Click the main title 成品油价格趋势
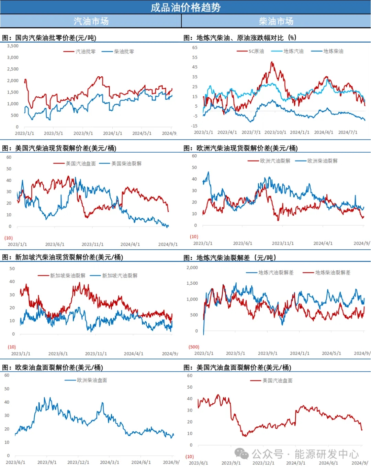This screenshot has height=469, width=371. (185, 7)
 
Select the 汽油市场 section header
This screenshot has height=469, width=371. (91, 21)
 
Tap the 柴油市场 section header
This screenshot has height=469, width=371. (276, 21)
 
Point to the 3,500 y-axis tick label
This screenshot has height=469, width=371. (13, 46)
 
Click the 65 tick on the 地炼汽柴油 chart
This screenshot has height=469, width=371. (195, 47)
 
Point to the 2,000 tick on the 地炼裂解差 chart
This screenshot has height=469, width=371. (192, 268)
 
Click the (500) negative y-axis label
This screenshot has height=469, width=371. (194, 347)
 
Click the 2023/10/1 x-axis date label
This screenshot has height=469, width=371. (275, 132)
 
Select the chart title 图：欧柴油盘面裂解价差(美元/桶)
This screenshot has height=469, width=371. (53, 368)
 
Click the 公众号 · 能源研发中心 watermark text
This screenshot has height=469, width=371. (305, 454)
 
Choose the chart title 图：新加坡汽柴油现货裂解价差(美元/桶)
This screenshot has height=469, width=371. (63, 257)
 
